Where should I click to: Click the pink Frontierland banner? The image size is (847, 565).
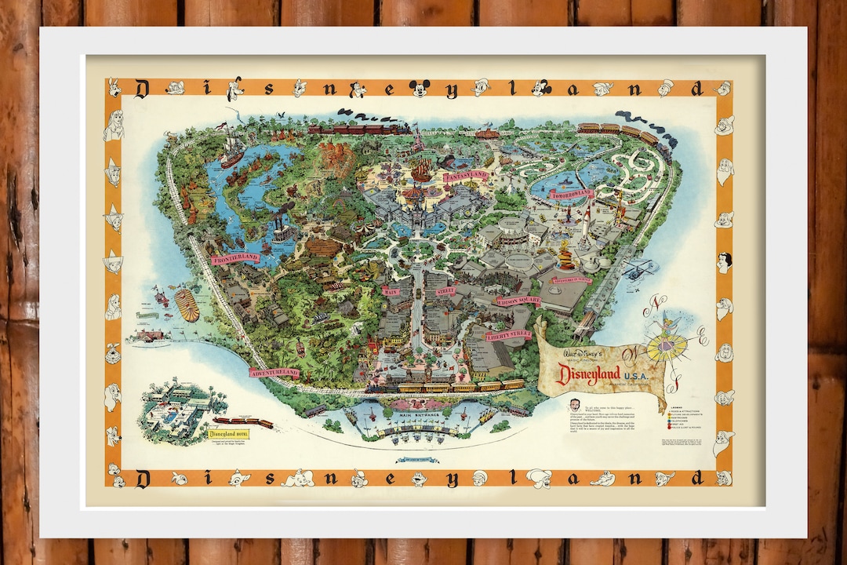[234, 257]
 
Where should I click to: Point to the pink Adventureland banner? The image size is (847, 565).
[274, 372]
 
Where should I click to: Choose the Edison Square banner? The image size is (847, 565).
[518, 301]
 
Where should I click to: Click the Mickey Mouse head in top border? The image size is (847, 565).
[420, 88]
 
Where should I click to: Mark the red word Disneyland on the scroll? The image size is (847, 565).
[588, 374]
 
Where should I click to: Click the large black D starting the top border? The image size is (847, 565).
[143, 89]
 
